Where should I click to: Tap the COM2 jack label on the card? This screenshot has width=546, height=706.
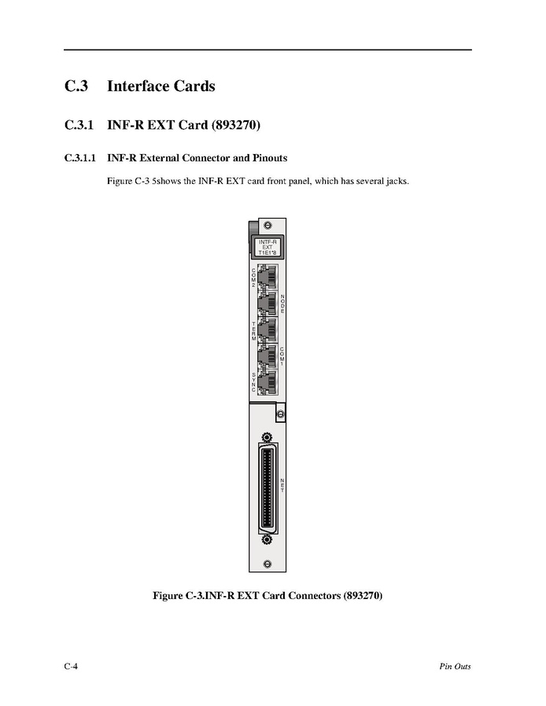coord(253,276)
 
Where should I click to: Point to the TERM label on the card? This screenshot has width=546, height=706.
coord(253,331)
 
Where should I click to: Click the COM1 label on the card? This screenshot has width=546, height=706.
coord(282,357)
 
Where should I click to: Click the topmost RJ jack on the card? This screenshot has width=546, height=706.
coord(267,278)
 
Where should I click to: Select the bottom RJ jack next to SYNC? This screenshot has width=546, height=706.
coord(267,383)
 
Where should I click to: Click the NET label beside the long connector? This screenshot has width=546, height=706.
coord(282,484)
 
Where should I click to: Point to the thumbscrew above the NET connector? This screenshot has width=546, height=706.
coord(267,437)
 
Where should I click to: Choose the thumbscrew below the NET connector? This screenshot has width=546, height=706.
coord(267,539)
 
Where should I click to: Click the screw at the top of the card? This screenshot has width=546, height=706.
coord(267,226)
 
